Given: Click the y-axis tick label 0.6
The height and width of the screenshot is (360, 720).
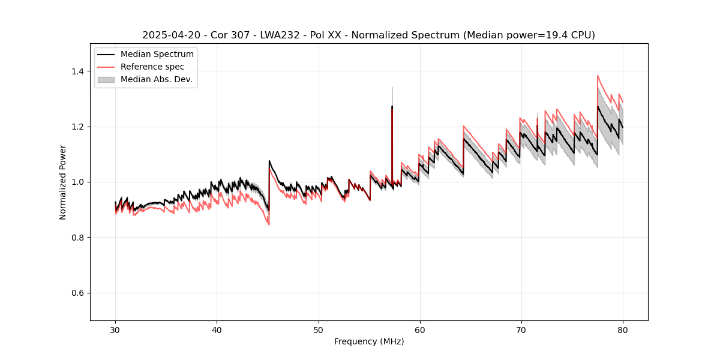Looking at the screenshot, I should pos(78,293).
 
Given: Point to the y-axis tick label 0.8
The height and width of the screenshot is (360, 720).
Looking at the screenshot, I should pos(78,238).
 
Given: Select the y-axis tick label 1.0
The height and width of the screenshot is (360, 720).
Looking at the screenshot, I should pos(78,182).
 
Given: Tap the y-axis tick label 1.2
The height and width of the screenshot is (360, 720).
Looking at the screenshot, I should pos(78,127).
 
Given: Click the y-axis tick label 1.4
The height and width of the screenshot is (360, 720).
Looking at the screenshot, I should pos(78,71).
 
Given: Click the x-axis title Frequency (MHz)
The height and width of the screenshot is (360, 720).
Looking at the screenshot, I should pos(369,341).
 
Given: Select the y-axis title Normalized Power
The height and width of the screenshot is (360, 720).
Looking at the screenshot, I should pos(62,182).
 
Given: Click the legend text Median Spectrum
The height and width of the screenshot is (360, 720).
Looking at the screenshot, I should pos(157,55).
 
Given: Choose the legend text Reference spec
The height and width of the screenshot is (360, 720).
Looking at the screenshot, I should pos(152,67).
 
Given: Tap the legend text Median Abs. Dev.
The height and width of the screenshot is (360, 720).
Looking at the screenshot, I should pos(156,79).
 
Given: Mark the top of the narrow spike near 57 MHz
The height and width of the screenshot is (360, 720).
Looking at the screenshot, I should pos(392,88).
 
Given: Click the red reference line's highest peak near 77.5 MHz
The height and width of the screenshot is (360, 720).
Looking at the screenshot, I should pos(598,76).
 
